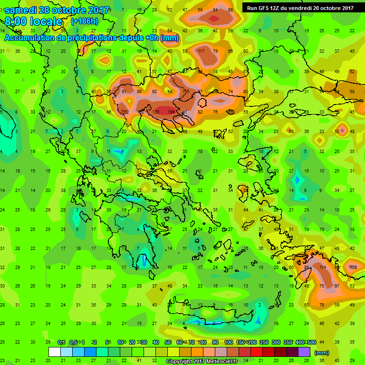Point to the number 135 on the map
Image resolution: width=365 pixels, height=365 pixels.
[156, 112]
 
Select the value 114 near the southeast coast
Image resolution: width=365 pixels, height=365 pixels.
[323, 267]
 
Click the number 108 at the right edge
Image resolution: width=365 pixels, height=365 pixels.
[353, 267]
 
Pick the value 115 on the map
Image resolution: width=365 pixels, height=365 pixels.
[186, 91]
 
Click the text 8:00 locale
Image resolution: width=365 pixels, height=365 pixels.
[34, 21]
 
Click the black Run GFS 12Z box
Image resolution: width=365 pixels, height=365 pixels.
[300, 8]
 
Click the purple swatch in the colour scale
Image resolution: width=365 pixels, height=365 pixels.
[304, 352]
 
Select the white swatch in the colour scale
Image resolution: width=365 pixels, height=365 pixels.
[55, 352]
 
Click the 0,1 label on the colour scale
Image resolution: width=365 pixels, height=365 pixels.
[61, 342]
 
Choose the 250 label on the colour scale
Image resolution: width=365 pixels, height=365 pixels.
[264, 342]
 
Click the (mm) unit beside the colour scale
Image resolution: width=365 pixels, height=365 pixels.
[322, 353]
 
